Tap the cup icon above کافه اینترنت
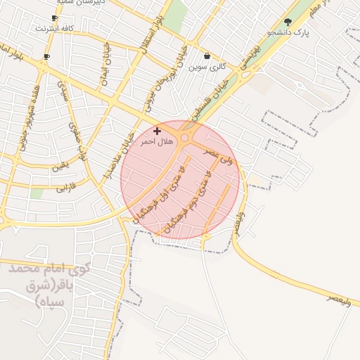click(55, 18)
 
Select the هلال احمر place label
click(157, 141)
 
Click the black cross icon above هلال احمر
click(157, 131)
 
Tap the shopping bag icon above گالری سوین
click(207, 56)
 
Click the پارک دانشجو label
click(292, 32)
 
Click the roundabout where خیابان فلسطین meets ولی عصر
click(184, 138)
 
